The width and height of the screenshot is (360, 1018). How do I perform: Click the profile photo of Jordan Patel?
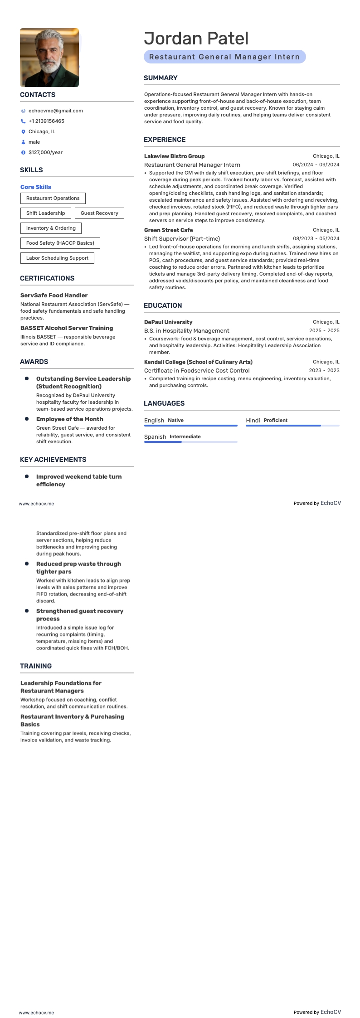[49, 58]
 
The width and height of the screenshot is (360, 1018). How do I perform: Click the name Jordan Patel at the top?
[196, 39]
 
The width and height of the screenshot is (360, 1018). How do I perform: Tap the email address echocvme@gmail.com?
[55, 111]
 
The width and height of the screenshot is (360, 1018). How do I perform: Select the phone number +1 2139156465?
[46, 121]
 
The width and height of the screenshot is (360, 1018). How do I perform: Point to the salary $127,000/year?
[45, 152]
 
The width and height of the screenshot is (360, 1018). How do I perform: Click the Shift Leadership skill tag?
[45, 213]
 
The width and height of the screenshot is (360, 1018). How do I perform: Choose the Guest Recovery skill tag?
[99, 213]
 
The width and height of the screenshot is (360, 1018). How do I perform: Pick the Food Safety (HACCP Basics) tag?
[60, 243]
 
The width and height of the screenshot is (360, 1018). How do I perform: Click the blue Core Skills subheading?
[36, 187]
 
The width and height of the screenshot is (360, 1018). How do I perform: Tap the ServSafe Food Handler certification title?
[54, 295]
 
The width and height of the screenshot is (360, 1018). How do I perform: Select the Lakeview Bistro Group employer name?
[174, 156]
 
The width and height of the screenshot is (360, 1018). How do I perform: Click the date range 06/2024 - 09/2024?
[316, 165]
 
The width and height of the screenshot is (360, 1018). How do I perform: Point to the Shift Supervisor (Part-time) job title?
[182, 238]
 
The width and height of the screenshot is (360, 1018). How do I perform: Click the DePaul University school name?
[168, 322]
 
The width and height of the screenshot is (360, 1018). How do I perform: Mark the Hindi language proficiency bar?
[292, 426]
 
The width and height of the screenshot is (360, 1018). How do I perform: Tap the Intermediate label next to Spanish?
[185, 436]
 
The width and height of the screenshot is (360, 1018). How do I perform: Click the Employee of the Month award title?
[69, 419]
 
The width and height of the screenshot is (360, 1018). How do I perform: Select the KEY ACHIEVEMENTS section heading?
[53, 459]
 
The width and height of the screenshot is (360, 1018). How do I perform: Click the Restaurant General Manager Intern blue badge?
[224, 57]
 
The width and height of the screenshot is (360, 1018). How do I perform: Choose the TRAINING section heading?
[36, 666]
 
